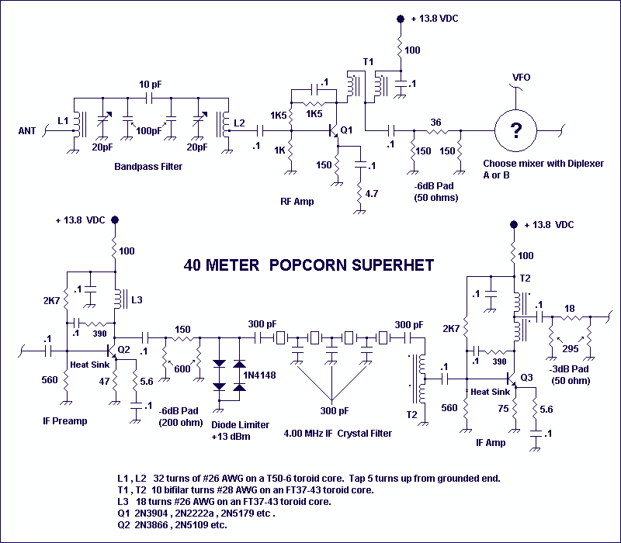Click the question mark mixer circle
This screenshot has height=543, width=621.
click(x=515, y=130)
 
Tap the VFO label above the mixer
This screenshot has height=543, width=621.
click(x=521, y=77)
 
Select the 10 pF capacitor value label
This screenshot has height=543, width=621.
click(x=150, y=85)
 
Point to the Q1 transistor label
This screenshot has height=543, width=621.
click(x=346, y=130)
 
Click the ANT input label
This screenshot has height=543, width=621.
click(x=27, y=131)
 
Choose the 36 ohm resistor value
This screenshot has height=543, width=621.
click(x=435, y=123)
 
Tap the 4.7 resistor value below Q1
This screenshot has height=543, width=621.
click(x=372, y=193)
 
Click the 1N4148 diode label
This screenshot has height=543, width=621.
click(x=260, y=375)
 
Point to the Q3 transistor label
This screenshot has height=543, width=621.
click(x=526, y=377)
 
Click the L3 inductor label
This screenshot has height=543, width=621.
click(x=137, y=300)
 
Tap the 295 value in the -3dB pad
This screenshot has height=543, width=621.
click(x=571, y=348)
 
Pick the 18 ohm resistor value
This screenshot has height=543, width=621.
click(x=570, y=308)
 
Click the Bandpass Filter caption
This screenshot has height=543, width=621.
click(x=148, y=167)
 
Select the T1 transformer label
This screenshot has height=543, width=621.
click(x=368, y=62)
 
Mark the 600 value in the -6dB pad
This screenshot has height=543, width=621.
click(x=182, y=369)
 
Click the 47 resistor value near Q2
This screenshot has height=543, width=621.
click(x=104, y=381)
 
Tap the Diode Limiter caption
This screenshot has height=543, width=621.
click(x=240, y=424)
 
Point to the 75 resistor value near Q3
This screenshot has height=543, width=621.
click(x=503, y=408)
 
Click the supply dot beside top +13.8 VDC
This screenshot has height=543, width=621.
click(x=401, y=19)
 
